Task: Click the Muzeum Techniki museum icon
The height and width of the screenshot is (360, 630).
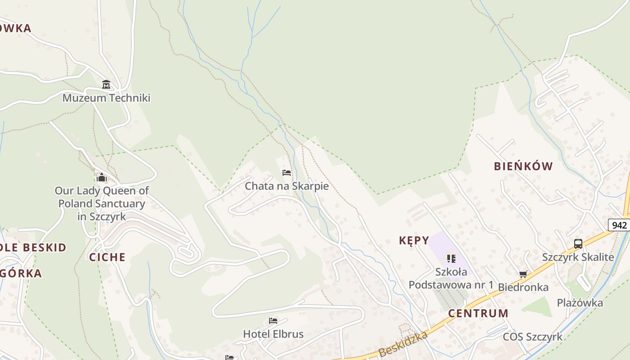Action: coord(106,84)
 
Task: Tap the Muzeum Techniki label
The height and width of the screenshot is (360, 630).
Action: coord(106,98)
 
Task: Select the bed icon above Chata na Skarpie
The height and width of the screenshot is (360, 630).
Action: coord(287,173)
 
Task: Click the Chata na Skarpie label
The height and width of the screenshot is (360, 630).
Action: coord(287,186)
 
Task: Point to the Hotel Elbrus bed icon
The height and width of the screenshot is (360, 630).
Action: coord(273,321)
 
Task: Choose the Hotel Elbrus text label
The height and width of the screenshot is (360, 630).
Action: coord(273,334)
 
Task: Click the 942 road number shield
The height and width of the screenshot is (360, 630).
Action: coord(620,225)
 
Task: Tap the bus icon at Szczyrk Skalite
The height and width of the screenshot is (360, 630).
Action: coord(578,244)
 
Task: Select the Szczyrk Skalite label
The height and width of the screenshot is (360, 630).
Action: coord(578,257)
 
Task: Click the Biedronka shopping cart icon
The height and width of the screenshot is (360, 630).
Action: coord(523,274)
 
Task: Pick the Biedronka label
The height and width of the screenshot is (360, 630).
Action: coord(523,287)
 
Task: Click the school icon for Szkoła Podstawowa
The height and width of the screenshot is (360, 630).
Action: coord(451,259)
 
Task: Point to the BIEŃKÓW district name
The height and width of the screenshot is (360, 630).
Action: coord(523,166)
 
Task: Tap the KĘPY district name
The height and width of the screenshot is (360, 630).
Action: coord(414,240)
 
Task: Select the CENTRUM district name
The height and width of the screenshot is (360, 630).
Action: coord(478,313)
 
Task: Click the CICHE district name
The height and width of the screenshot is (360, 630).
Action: coord(107,257)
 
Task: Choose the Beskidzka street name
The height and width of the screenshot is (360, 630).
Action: coord(403,344)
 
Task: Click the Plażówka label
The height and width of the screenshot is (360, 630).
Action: coord(580,302)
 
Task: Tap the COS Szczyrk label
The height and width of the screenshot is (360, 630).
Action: coord(532,337)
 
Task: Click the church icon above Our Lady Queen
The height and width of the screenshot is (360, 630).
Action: coord(102,177)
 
